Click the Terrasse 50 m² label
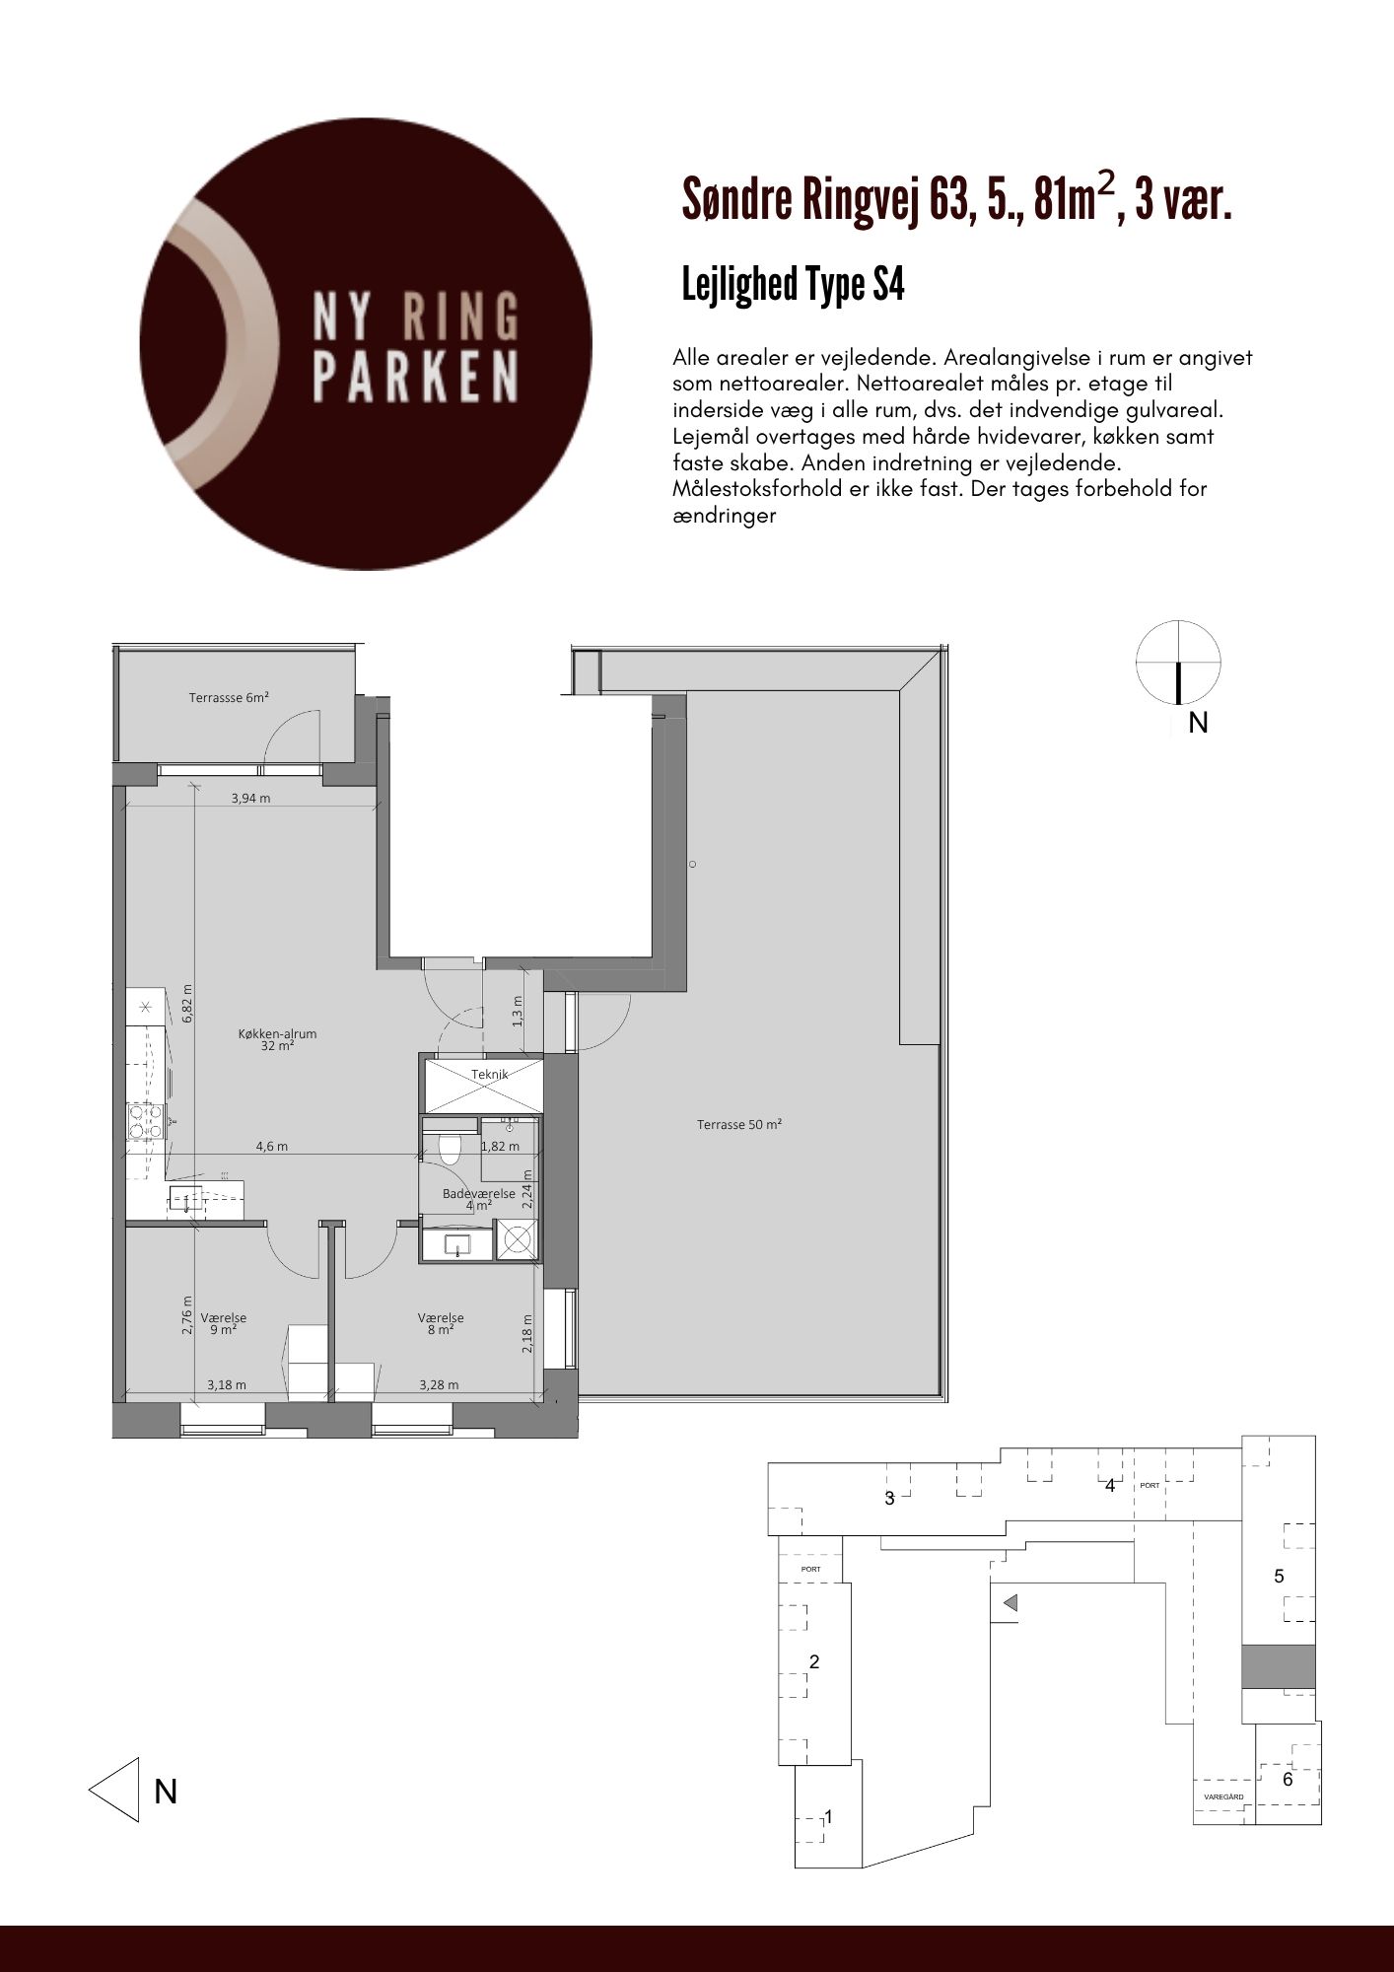pos(739,1124)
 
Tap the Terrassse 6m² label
pos(229,697)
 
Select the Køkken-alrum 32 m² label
pos(277,1040)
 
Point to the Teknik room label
pos(490,1074)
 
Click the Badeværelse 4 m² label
pos(479,1198)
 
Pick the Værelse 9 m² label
pos(224,1323)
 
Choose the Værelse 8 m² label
pos(441,1323)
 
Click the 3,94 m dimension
pos(250,798)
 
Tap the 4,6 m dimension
pos(272,1146)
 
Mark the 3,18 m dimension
pos(227,1384)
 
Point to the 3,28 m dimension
pos(439,1384)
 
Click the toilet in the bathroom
pos(450,1149)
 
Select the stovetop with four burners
pos(146,1121)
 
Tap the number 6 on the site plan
pos(1288,1780)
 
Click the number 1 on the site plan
pos(829,1816)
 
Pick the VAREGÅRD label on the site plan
pos(1223,1797)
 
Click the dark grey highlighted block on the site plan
pos(1278,1666)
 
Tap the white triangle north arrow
pos(114,1789)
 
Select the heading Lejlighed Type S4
pos(794,285)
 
